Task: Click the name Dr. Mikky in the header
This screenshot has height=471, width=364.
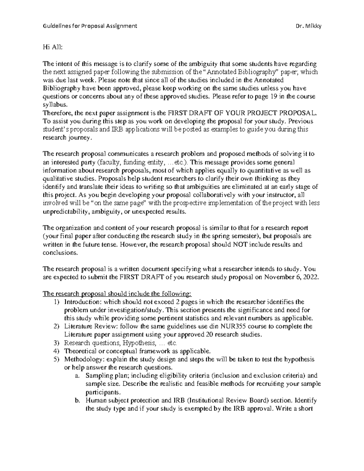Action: click(308, 26)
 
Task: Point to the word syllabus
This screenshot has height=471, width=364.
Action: click(54, 105)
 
